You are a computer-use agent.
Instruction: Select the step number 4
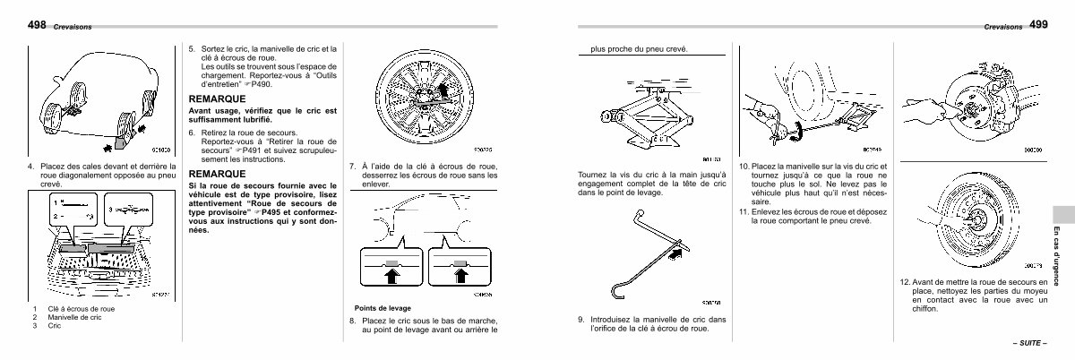(30, 167)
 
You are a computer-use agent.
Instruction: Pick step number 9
(581, 320)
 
